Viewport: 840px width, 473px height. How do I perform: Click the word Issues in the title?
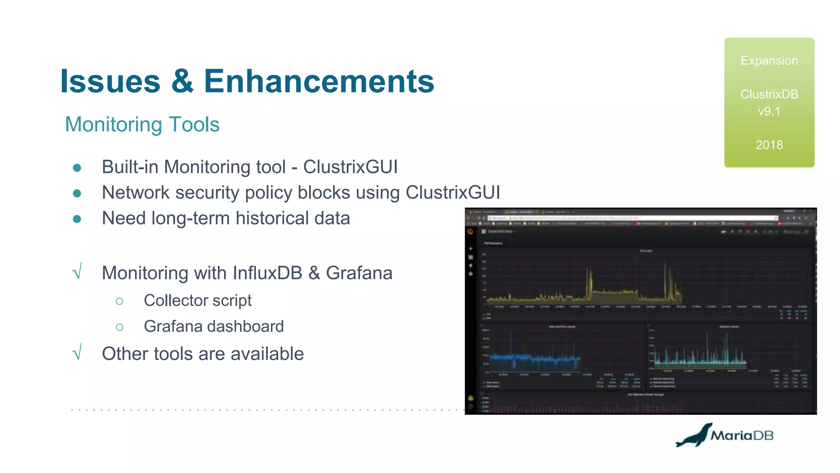(110, 81)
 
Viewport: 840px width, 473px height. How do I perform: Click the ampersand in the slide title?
(182, 81)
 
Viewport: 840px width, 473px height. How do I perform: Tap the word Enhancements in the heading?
(319, 81)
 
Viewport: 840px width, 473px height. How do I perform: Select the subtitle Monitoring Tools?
(142, 124)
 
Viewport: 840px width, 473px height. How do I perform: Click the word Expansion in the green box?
(769, 61)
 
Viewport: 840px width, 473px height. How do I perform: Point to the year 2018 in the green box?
(769, 145)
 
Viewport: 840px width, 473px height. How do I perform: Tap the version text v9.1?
(769, 111)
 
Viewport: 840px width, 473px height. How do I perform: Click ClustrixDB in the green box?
(769, 94)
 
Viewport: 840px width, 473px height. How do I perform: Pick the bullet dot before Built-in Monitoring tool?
(77, 168)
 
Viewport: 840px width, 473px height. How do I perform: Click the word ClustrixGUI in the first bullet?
(350, 167)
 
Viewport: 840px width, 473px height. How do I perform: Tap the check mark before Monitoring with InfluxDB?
(77, 272)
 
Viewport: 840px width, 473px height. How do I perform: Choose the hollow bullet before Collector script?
(119, 301)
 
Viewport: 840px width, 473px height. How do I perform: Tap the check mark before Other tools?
(77, 353)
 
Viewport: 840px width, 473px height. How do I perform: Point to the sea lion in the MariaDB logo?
(694, 436)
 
